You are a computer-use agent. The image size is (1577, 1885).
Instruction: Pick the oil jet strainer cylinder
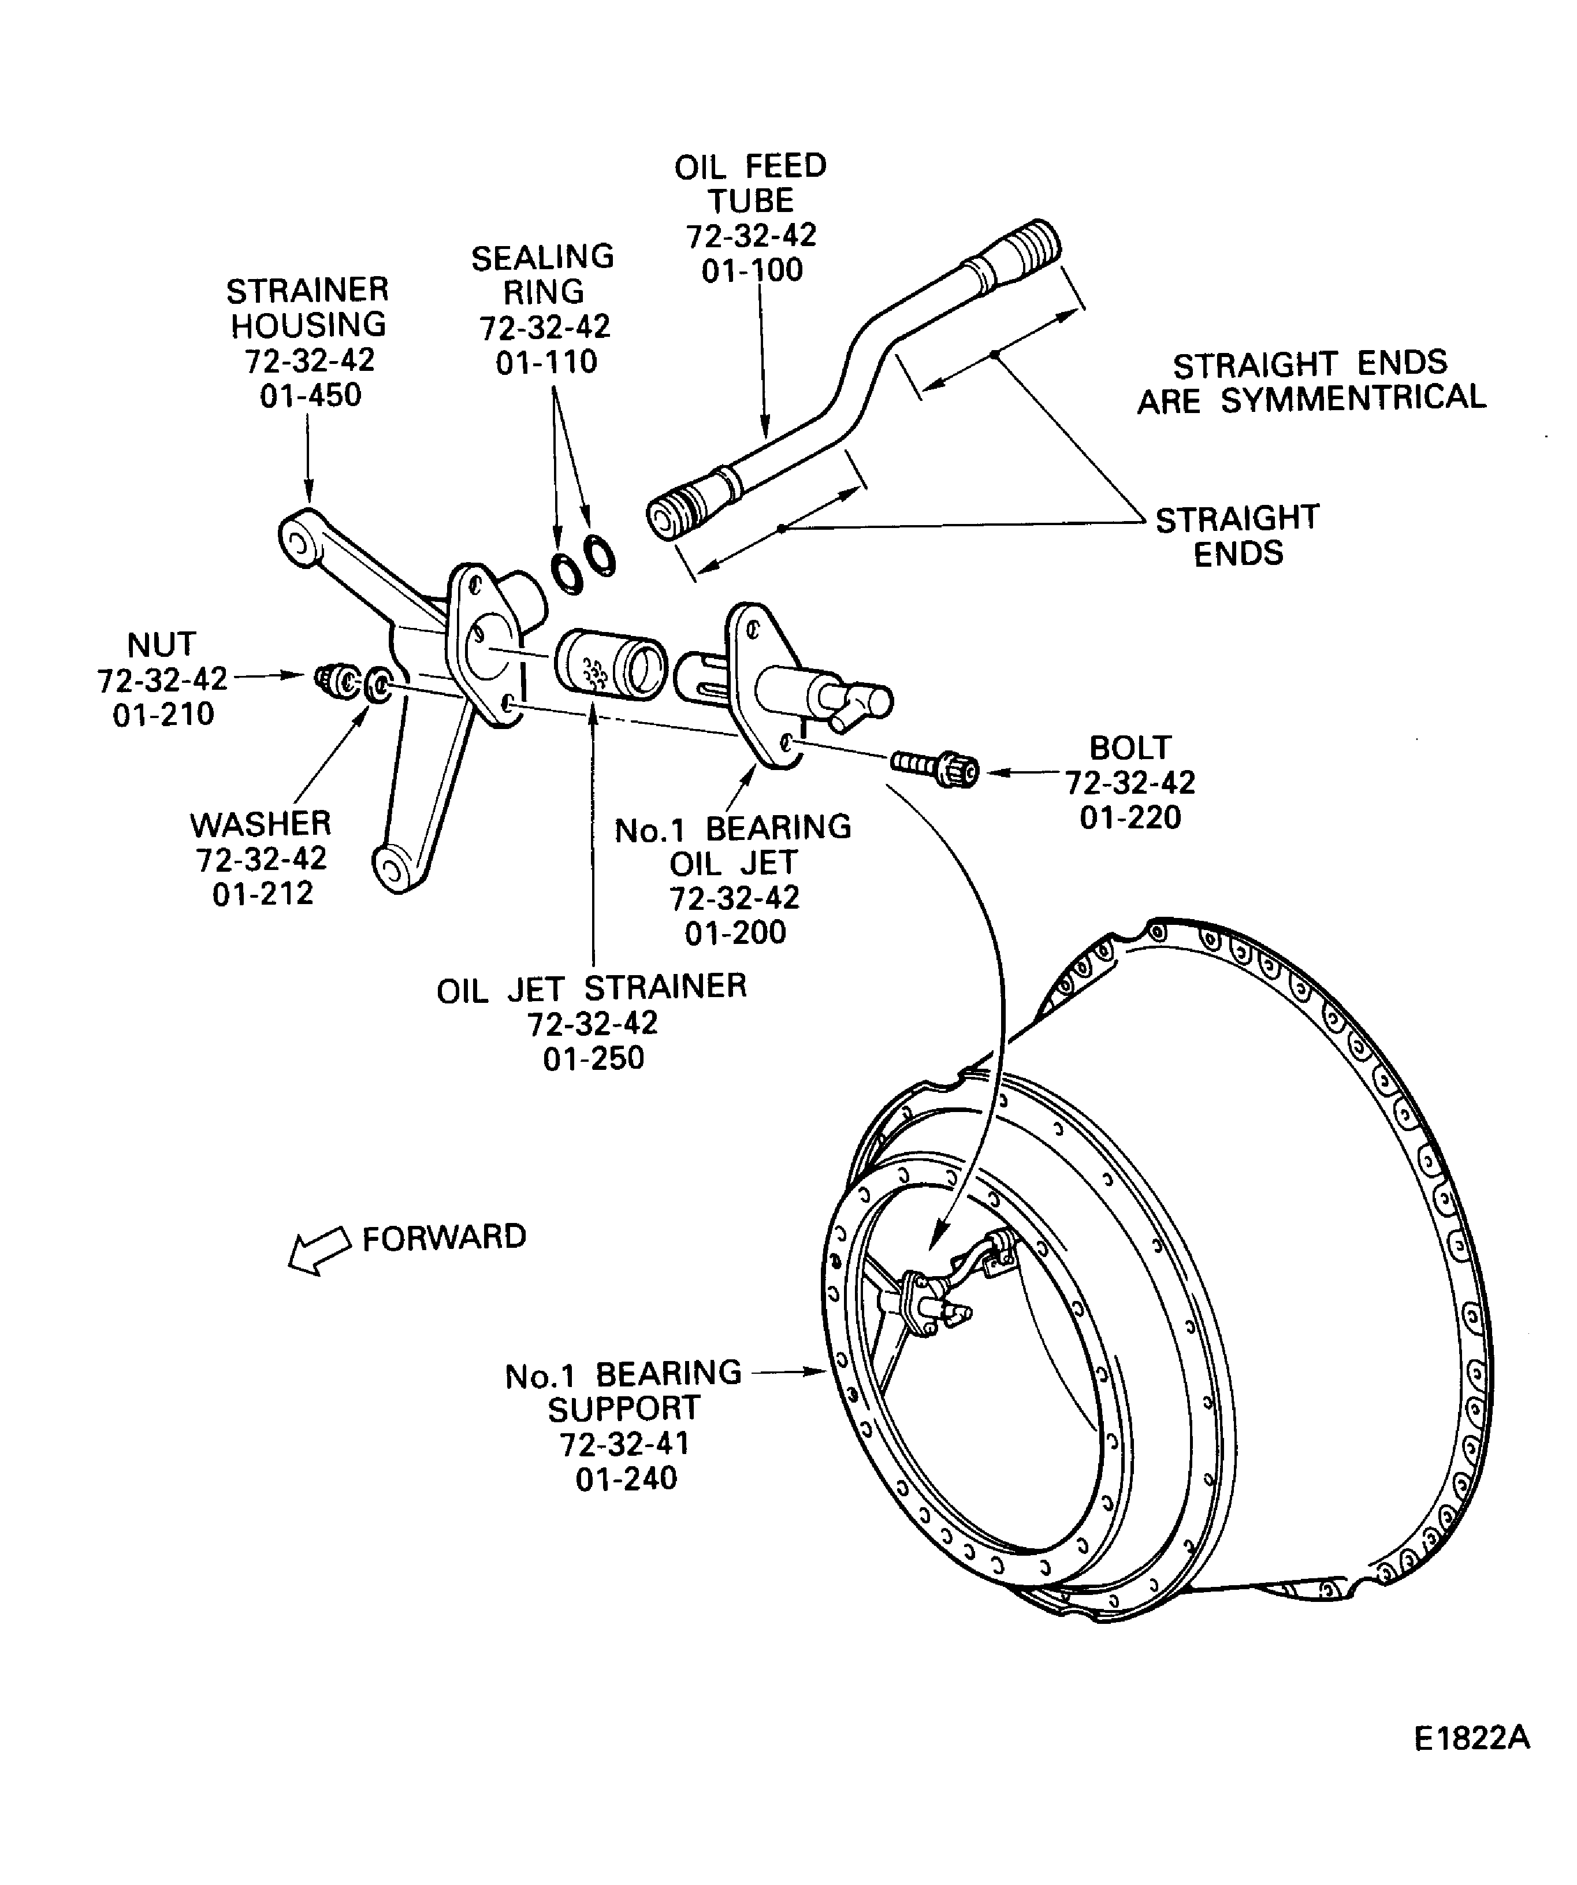tap(611, 664)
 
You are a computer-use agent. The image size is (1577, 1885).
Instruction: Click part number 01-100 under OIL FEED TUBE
tap(752, 270)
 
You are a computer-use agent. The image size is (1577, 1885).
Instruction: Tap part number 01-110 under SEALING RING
tap(546, 362)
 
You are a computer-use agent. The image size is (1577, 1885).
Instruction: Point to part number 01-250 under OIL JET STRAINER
tap(593, 1058)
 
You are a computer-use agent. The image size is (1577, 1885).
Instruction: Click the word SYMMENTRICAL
tap(1353, 397)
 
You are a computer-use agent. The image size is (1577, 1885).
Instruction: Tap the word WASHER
tap(261, 824)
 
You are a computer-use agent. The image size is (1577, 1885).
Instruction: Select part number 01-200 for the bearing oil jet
tap(735, 932)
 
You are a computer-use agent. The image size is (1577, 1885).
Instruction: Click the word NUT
tap(162, 645)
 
